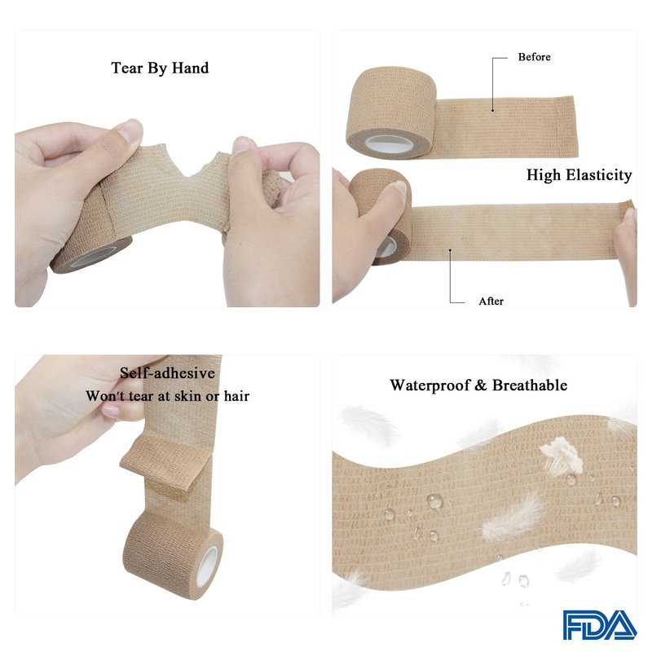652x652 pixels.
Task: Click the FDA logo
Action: click(600, 624)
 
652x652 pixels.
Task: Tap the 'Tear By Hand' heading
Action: click(160, 68)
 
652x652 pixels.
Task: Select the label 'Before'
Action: click(535, 57)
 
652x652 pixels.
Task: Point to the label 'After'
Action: click(491, 301)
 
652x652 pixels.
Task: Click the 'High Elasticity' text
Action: click(579, 175)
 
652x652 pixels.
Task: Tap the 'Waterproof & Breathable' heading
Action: click(478, 385)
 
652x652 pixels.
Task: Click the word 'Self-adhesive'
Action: click(168, 372)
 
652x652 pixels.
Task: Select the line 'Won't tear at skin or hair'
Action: click(168, 396)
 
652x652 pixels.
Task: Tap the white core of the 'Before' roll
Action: click(390, 145)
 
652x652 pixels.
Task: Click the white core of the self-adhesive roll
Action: click(207, 566)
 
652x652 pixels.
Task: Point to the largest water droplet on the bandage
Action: click(434, 500)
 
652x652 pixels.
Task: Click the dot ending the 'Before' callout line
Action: click(493, 110)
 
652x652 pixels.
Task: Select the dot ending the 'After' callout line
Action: click(450, 250)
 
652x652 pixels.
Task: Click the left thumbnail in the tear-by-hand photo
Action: click(128, 130)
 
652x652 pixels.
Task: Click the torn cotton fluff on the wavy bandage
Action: click(562, 456)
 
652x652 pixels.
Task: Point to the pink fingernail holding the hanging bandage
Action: click(111, 412)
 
